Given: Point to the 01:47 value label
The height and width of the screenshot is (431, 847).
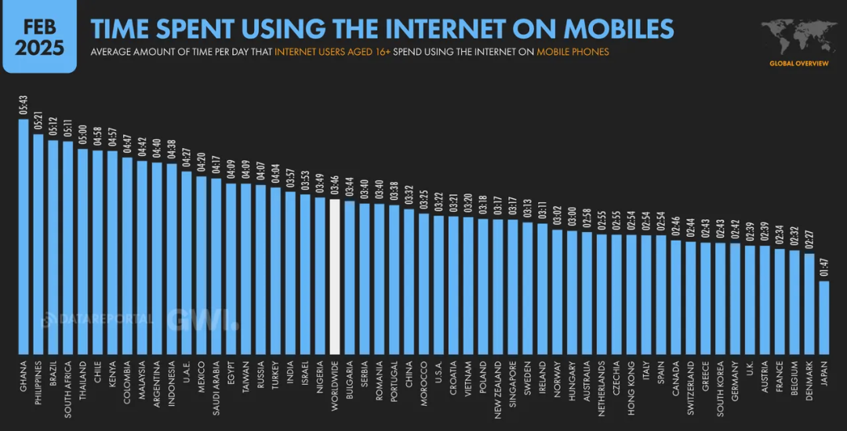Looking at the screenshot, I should [x=823, y=269].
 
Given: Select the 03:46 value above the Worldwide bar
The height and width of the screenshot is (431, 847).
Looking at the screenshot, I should [x=335, y=187].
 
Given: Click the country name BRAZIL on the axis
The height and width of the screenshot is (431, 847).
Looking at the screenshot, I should [x=53, y=375].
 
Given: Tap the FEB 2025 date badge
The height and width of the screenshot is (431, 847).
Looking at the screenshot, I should [x=39, y=36].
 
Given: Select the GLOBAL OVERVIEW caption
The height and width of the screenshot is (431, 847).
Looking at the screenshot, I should [x=798, y=63].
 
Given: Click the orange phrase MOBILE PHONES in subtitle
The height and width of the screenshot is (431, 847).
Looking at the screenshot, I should [x=573, y=52].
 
